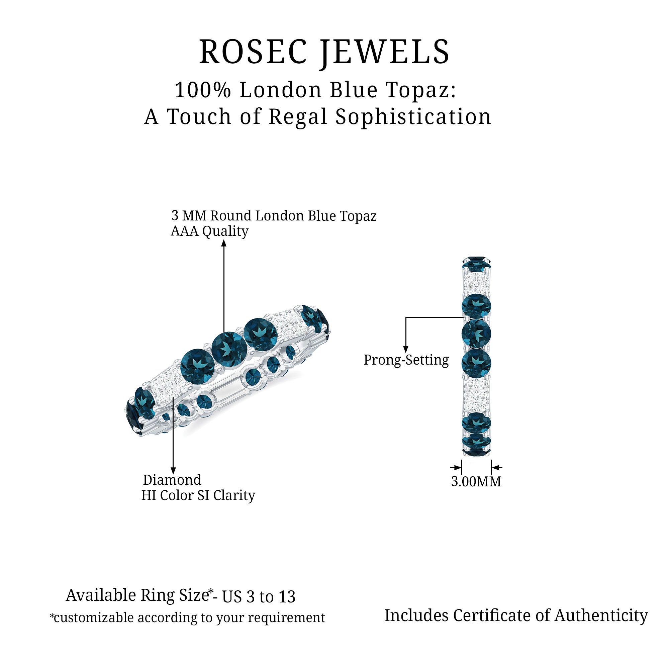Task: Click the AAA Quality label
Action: [x=209, y=231]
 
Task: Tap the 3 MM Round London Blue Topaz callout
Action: [x=274, y=216]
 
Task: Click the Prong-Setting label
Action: [x=406, y=360]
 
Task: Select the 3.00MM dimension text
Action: [x=476, y=482]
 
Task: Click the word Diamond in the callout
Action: [x=172, y=480]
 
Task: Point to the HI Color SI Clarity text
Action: [x=198, y=495]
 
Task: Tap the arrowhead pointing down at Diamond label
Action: [x=173, y=471]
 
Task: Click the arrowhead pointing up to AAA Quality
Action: [x=224, y=244]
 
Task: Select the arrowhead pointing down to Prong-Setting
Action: [x=406, y=350]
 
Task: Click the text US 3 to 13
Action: [x=259, y=597]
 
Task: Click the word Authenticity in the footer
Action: [x=601, y=615]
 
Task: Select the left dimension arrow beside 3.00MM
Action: [x=456, y=468]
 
